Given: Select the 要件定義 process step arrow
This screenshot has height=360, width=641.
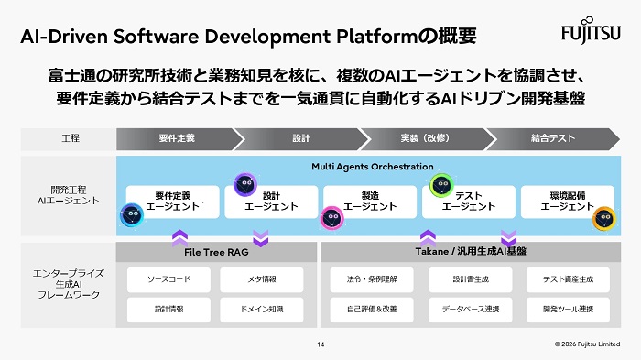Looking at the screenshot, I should click(x=176, y=138).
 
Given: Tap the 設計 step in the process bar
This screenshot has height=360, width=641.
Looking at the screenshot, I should click(x=300, y=138).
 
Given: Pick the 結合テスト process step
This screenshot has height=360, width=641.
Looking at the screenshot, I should click(x=553, y=138).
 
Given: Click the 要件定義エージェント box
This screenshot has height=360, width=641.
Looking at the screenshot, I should click(x=172, y=202).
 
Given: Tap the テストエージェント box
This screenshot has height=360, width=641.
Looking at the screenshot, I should click(x=469, y=202).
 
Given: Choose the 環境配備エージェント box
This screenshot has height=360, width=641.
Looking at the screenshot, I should click(x=567, y=202).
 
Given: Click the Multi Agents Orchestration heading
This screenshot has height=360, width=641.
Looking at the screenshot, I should click(x=372, y=167).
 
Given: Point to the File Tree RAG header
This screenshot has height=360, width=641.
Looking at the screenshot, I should click(x=216, y=250).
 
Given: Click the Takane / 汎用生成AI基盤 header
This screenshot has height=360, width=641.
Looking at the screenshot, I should click(x=471, y=250).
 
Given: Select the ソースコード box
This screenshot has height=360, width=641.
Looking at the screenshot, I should click(x=168, y=278).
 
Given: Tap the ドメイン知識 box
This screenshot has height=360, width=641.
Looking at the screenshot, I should click(x=261, y=309).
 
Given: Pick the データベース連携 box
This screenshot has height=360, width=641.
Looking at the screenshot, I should click(x=470, y=309).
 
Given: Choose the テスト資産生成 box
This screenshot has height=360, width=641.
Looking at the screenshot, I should click(x=567, y=278).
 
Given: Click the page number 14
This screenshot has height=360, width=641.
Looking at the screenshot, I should click(x=320, y=344).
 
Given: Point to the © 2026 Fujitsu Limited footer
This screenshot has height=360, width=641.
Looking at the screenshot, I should click(x=586, y=344).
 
